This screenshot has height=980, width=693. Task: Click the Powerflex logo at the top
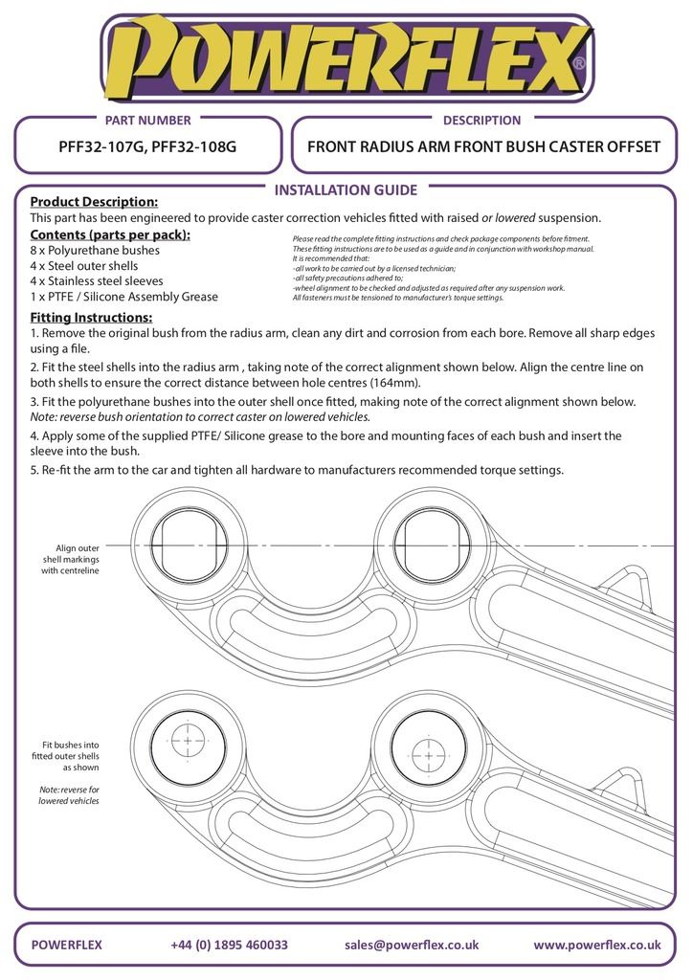tap(346, 59)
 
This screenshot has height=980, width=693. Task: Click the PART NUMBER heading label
tap(147, 120)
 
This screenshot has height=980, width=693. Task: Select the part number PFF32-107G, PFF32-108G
tap(147, 147)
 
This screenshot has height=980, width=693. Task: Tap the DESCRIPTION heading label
tap(481, 120)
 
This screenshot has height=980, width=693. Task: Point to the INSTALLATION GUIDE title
tap(346, 189)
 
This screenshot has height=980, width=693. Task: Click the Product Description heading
tap(94, 202)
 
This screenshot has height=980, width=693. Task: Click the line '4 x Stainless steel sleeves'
tap(97, 281)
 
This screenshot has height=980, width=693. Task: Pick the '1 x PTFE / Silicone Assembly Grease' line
tap(124, 297)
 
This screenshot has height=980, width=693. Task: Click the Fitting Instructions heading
tap(91, 317)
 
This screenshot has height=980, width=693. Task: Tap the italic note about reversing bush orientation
tap(200, 417)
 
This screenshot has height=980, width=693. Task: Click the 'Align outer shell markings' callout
tap(70, 559)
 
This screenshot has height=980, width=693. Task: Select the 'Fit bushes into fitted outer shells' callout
tap(70, 755)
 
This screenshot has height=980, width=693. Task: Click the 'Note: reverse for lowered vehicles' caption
tap(69, 794)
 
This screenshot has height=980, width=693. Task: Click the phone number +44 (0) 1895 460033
tap(229, 945)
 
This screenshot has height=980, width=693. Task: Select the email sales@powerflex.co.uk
tap(412, 945)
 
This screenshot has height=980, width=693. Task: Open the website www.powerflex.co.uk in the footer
tap(596, 945)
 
